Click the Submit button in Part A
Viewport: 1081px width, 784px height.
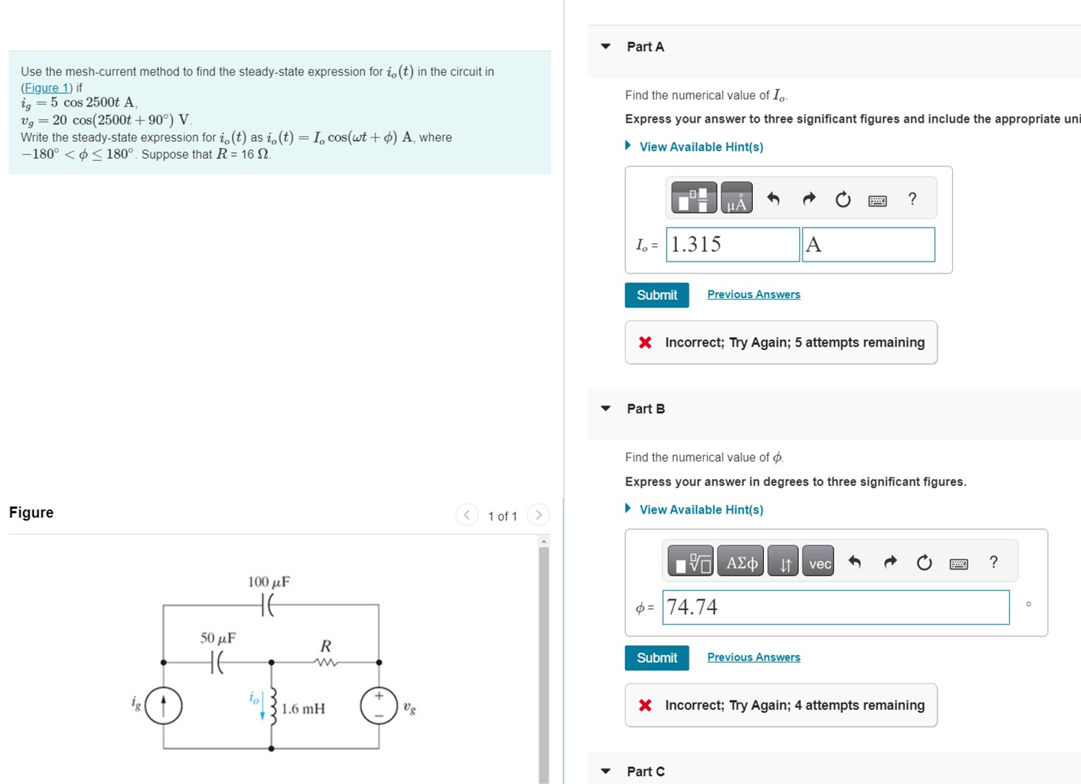tap(656, 295)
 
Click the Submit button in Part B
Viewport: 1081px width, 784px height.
tap(656, 658)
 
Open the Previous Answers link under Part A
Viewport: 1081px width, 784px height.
tap(753, 294)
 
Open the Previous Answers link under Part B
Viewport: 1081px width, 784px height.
tap(753, 657)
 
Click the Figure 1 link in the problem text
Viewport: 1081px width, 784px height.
tap(46, 88)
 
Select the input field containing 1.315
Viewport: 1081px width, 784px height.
tap(732, 245)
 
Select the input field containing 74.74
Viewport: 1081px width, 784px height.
tap(835, 607)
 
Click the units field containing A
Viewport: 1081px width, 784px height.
tap(868, 245)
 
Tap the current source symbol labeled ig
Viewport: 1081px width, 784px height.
tap(163, 705)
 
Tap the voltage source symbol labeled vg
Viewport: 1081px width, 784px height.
tap(378, 706)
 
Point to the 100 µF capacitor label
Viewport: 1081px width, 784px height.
tap(269, 582)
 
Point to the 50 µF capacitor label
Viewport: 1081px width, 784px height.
tap(218, 638)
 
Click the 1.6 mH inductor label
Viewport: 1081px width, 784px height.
tap(303, 709)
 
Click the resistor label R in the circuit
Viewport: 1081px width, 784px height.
tap(325, 646)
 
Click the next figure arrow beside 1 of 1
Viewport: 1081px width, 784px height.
tap(539, 515)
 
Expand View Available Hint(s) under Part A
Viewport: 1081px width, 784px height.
tap(700, 147)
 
